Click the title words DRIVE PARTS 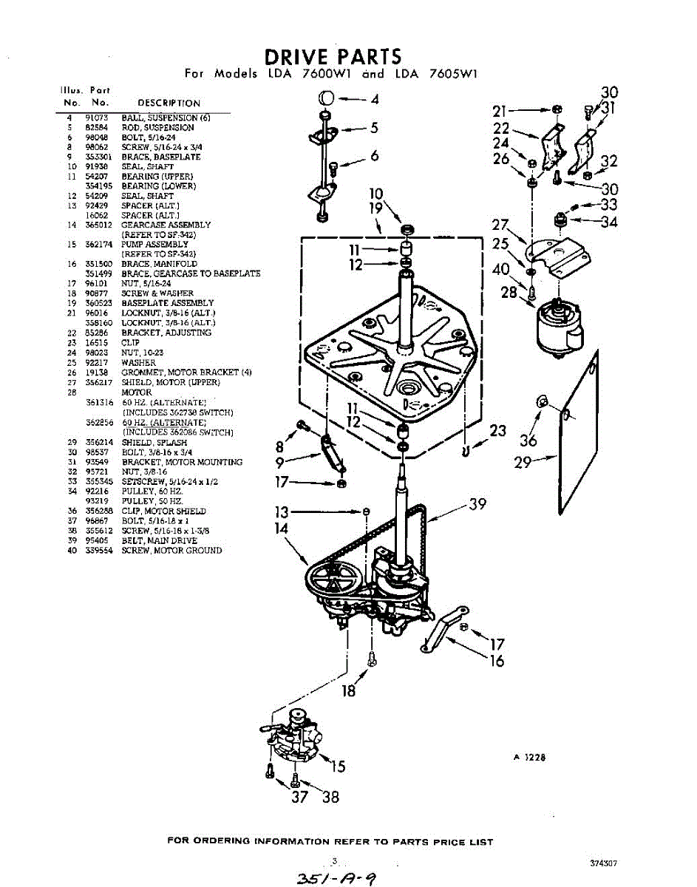tap(333, 57)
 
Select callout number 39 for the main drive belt tap(477, 504)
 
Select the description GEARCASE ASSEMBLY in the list tap(166, 225)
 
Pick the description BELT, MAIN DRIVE tap(159, 540)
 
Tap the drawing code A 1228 tap(530, 756)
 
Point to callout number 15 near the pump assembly tap(337, 767)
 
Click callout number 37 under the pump tap(299, 797)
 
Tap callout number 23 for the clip tap(497, 430)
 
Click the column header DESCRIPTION tap(169, 103)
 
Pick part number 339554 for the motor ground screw tap(99, 550)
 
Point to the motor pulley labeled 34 tap(560, 220)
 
